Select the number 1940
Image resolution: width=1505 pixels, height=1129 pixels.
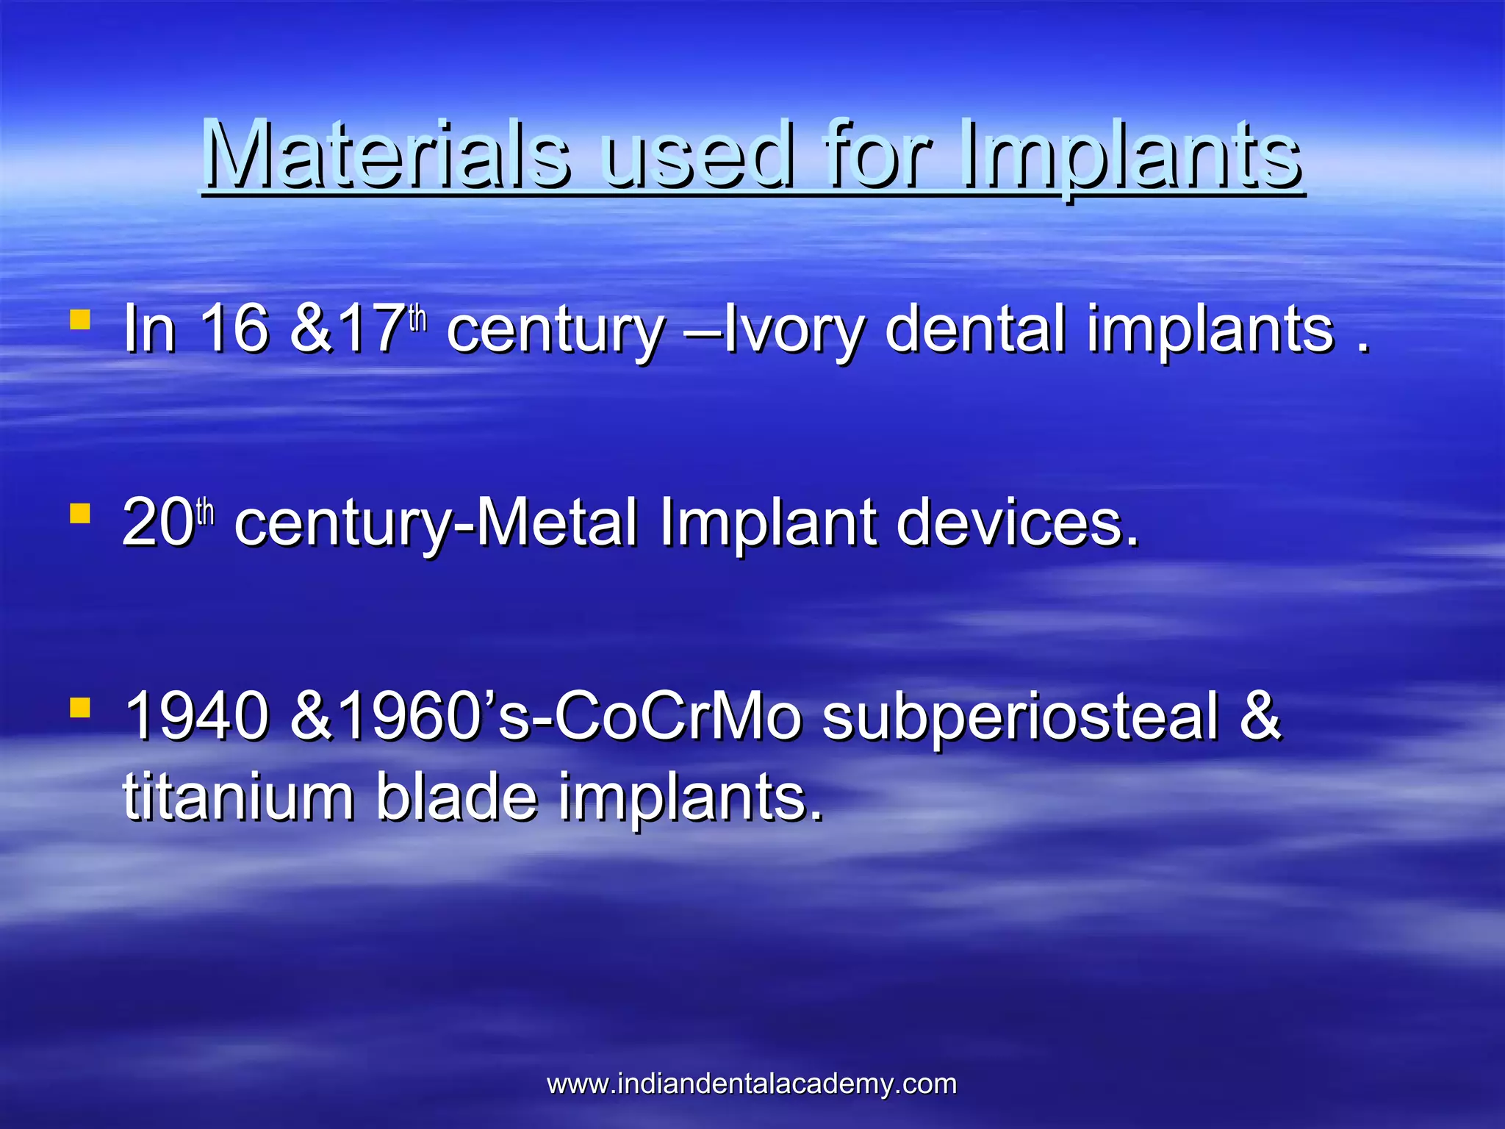tap(196, 717)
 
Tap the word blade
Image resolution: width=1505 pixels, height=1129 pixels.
tap(456, 797)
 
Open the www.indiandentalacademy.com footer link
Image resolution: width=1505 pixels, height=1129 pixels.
tap(752, 1084)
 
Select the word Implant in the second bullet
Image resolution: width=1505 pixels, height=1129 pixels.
tap(767, 524)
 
